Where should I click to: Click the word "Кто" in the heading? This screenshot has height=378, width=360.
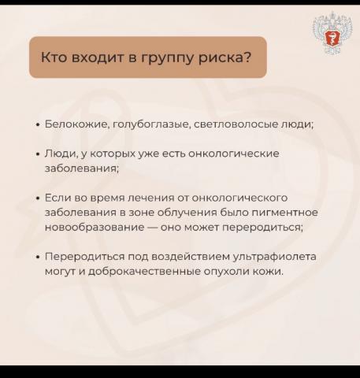pyautogui.click(x=54, y=57)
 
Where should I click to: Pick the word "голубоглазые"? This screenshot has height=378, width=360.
pyautogui.click(x=151, y=124)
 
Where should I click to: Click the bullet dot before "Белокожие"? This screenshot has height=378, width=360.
pyautogui.click(x=39, y=124)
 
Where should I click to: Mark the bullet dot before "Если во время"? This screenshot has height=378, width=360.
pyautogui.click(x=39, y=198)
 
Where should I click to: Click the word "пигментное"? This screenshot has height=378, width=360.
pyautogui.click(x=285, y=212)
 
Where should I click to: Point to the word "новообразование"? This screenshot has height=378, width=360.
pyautogui.click(x=95, y=227)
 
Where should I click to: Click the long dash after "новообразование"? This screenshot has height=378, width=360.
pyautogui.click(x=152, y=227)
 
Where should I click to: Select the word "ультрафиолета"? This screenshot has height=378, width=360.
pyautogui.click(x=275, y=257)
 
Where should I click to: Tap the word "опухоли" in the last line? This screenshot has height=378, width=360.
pyautogui.click(x=227, y=272)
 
